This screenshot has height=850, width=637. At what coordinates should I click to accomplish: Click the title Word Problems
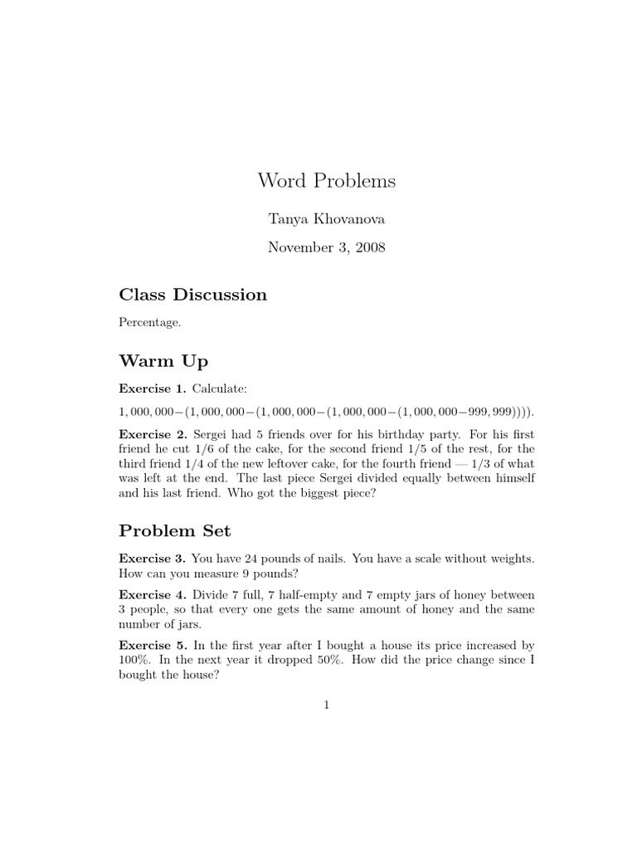point(326,180)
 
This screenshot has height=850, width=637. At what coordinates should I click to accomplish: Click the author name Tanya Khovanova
point(326,219)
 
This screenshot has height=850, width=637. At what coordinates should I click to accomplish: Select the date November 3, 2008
point(326,248)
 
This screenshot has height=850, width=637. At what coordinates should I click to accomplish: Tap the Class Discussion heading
point(192,295)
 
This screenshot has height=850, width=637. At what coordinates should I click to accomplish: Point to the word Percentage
point(150,323)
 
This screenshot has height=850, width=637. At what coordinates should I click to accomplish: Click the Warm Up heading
point(163,361)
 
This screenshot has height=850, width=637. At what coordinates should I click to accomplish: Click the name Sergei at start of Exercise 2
point(213,435)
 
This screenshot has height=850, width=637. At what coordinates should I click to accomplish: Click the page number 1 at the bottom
point(327,706)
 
